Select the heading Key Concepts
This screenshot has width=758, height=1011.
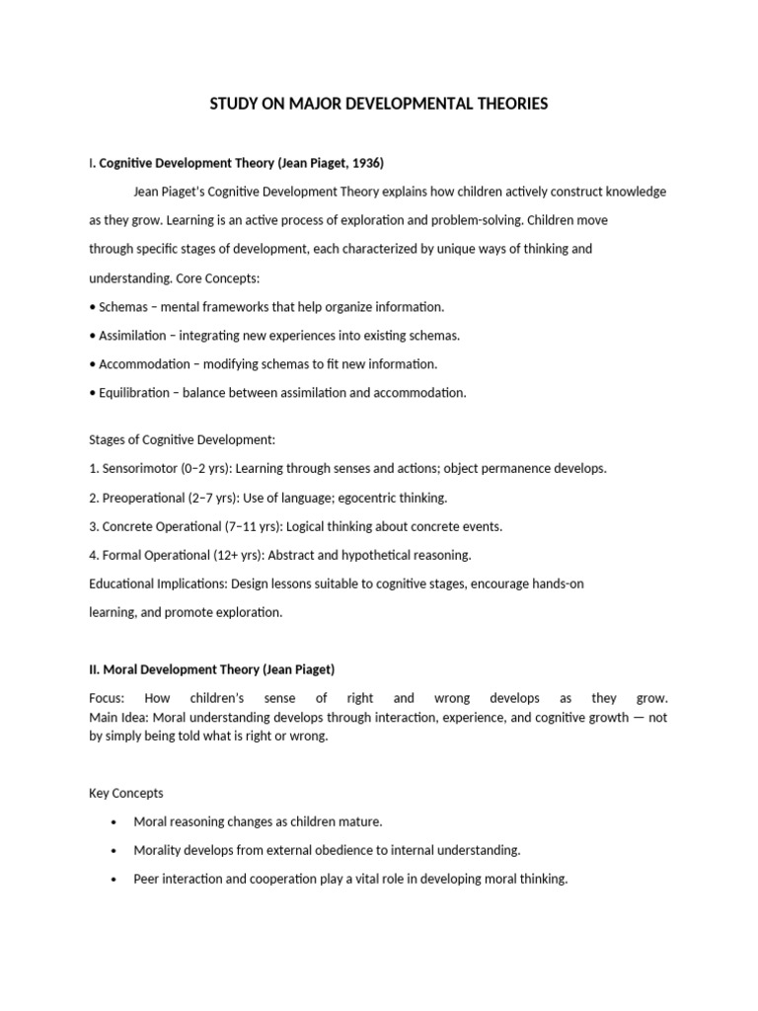126,793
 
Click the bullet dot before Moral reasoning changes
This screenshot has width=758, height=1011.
115,822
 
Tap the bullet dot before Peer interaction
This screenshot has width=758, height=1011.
115,880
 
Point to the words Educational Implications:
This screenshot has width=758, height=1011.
158,583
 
